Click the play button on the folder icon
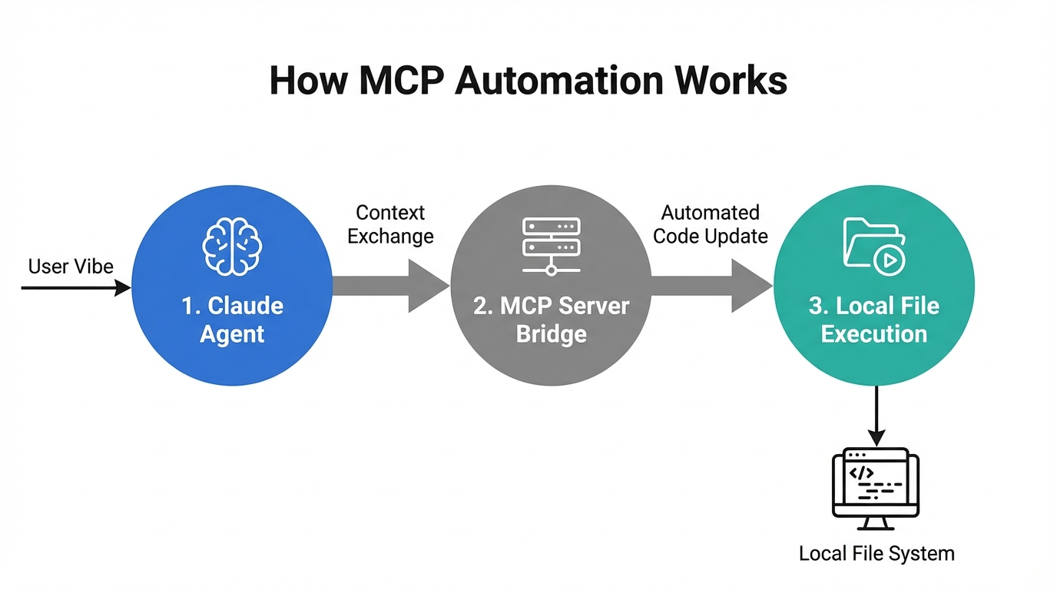890,260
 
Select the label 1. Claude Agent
232,320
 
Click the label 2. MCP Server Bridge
551,320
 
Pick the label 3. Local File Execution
874,320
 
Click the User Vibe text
71,267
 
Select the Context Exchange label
390,224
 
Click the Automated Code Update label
711,224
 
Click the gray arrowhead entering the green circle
751,286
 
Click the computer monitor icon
876,487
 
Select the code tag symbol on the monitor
861,472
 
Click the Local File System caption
876,553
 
